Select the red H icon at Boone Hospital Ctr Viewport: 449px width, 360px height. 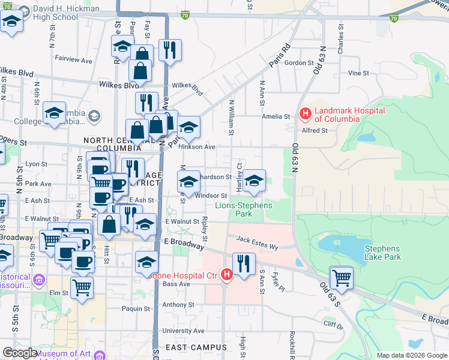[227, 275]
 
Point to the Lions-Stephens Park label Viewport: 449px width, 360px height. [244, 209]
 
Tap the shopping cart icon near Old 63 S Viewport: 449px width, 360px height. [342, 278]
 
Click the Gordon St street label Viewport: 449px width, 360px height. [299, 62]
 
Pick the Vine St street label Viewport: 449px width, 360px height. [358, 73]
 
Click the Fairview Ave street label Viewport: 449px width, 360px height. [73, 61]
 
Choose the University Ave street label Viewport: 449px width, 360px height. [183, 331]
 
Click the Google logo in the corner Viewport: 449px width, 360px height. [19, 353]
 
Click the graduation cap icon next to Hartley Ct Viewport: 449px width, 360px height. [254, 181]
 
